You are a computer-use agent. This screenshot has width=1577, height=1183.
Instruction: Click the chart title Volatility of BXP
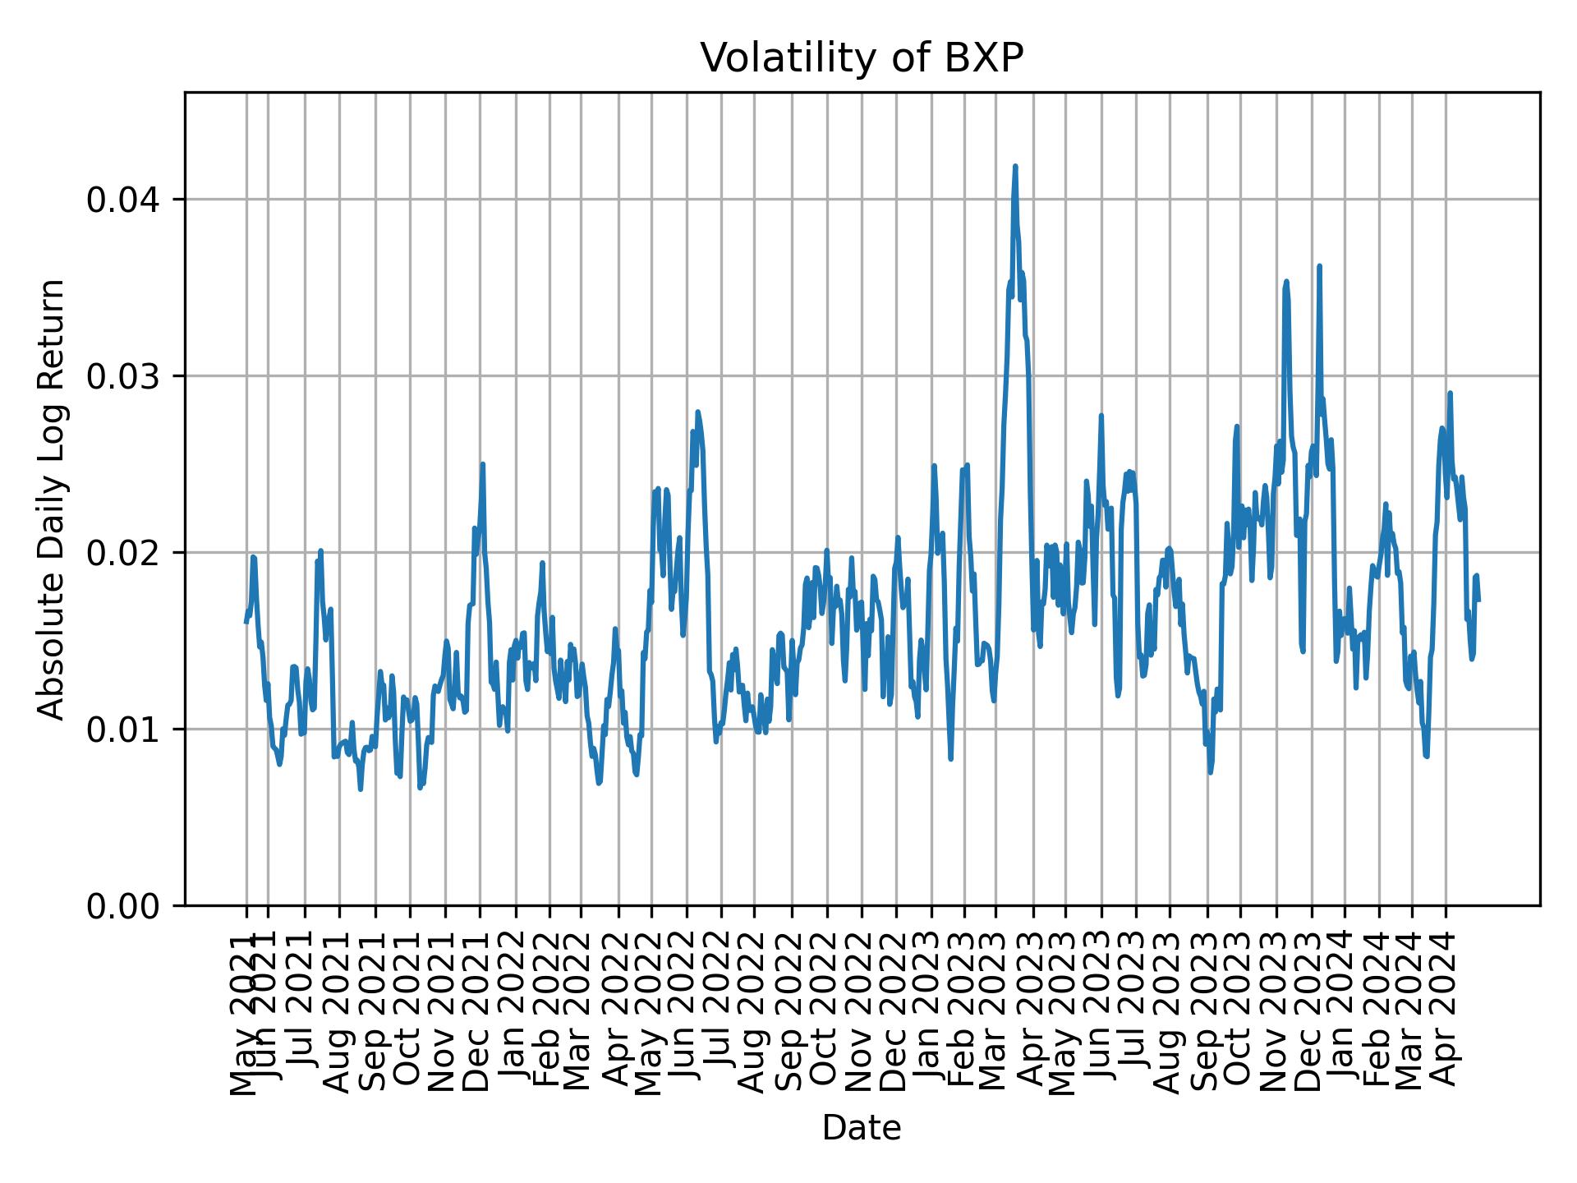(x=862, y=58)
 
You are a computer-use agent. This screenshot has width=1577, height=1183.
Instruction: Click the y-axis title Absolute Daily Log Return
(x=53, y=499)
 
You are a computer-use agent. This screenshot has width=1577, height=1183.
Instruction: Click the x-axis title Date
(x=862, y=1128)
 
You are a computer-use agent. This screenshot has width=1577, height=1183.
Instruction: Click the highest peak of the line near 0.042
(x=1015, y=166)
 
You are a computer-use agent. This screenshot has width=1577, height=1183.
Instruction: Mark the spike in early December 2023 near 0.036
(x=1319, y=266)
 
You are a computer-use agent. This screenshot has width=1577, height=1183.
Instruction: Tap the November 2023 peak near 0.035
(x=1286, y=282)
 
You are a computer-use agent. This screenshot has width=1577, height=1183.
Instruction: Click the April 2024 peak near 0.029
(x=1450, y=394)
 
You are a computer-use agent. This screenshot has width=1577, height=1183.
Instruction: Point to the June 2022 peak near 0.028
(x=697, y=412)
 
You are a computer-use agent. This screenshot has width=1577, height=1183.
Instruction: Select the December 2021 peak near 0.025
(x=483, y=465)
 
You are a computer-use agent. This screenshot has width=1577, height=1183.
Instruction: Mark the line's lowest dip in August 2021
(x=361, y=789)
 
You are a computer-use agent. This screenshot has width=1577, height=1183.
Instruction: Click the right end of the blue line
(x=1478, y=601)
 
